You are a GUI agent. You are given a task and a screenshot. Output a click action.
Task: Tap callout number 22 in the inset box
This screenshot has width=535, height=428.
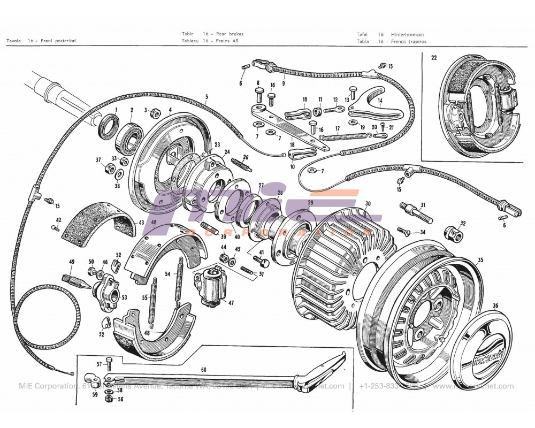pos(434,57)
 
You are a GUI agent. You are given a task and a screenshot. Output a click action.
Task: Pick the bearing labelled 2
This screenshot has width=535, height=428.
pos(129,136)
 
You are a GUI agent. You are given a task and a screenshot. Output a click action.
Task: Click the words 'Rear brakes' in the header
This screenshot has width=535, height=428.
pos(231,34)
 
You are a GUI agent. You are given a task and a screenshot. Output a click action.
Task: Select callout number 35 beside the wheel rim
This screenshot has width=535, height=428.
pos(480,261)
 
